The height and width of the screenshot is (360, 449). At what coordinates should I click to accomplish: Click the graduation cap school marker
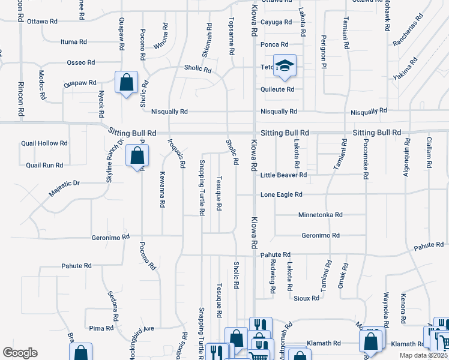(285, 65)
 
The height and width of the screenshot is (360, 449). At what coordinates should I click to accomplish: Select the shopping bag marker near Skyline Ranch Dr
(137, 156)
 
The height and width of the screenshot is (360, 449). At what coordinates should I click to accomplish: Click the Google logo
(20, 353)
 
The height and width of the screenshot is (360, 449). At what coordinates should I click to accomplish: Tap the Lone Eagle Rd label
(281, 195)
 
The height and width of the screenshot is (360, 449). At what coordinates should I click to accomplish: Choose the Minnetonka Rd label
(320, 215)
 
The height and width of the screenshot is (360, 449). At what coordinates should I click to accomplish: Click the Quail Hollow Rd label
(44, 143)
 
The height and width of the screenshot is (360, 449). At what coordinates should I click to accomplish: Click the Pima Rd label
(101, 328)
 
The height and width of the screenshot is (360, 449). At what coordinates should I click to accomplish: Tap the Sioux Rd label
(306, 298)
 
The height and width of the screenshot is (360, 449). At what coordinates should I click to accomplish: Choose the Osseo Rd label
(81, 62)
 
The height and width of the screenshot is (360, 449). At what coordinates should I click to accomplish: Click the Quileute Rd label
(277, 89)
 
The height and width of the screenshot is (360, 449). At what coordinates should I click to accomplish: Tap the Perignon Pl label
(323, 47)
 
